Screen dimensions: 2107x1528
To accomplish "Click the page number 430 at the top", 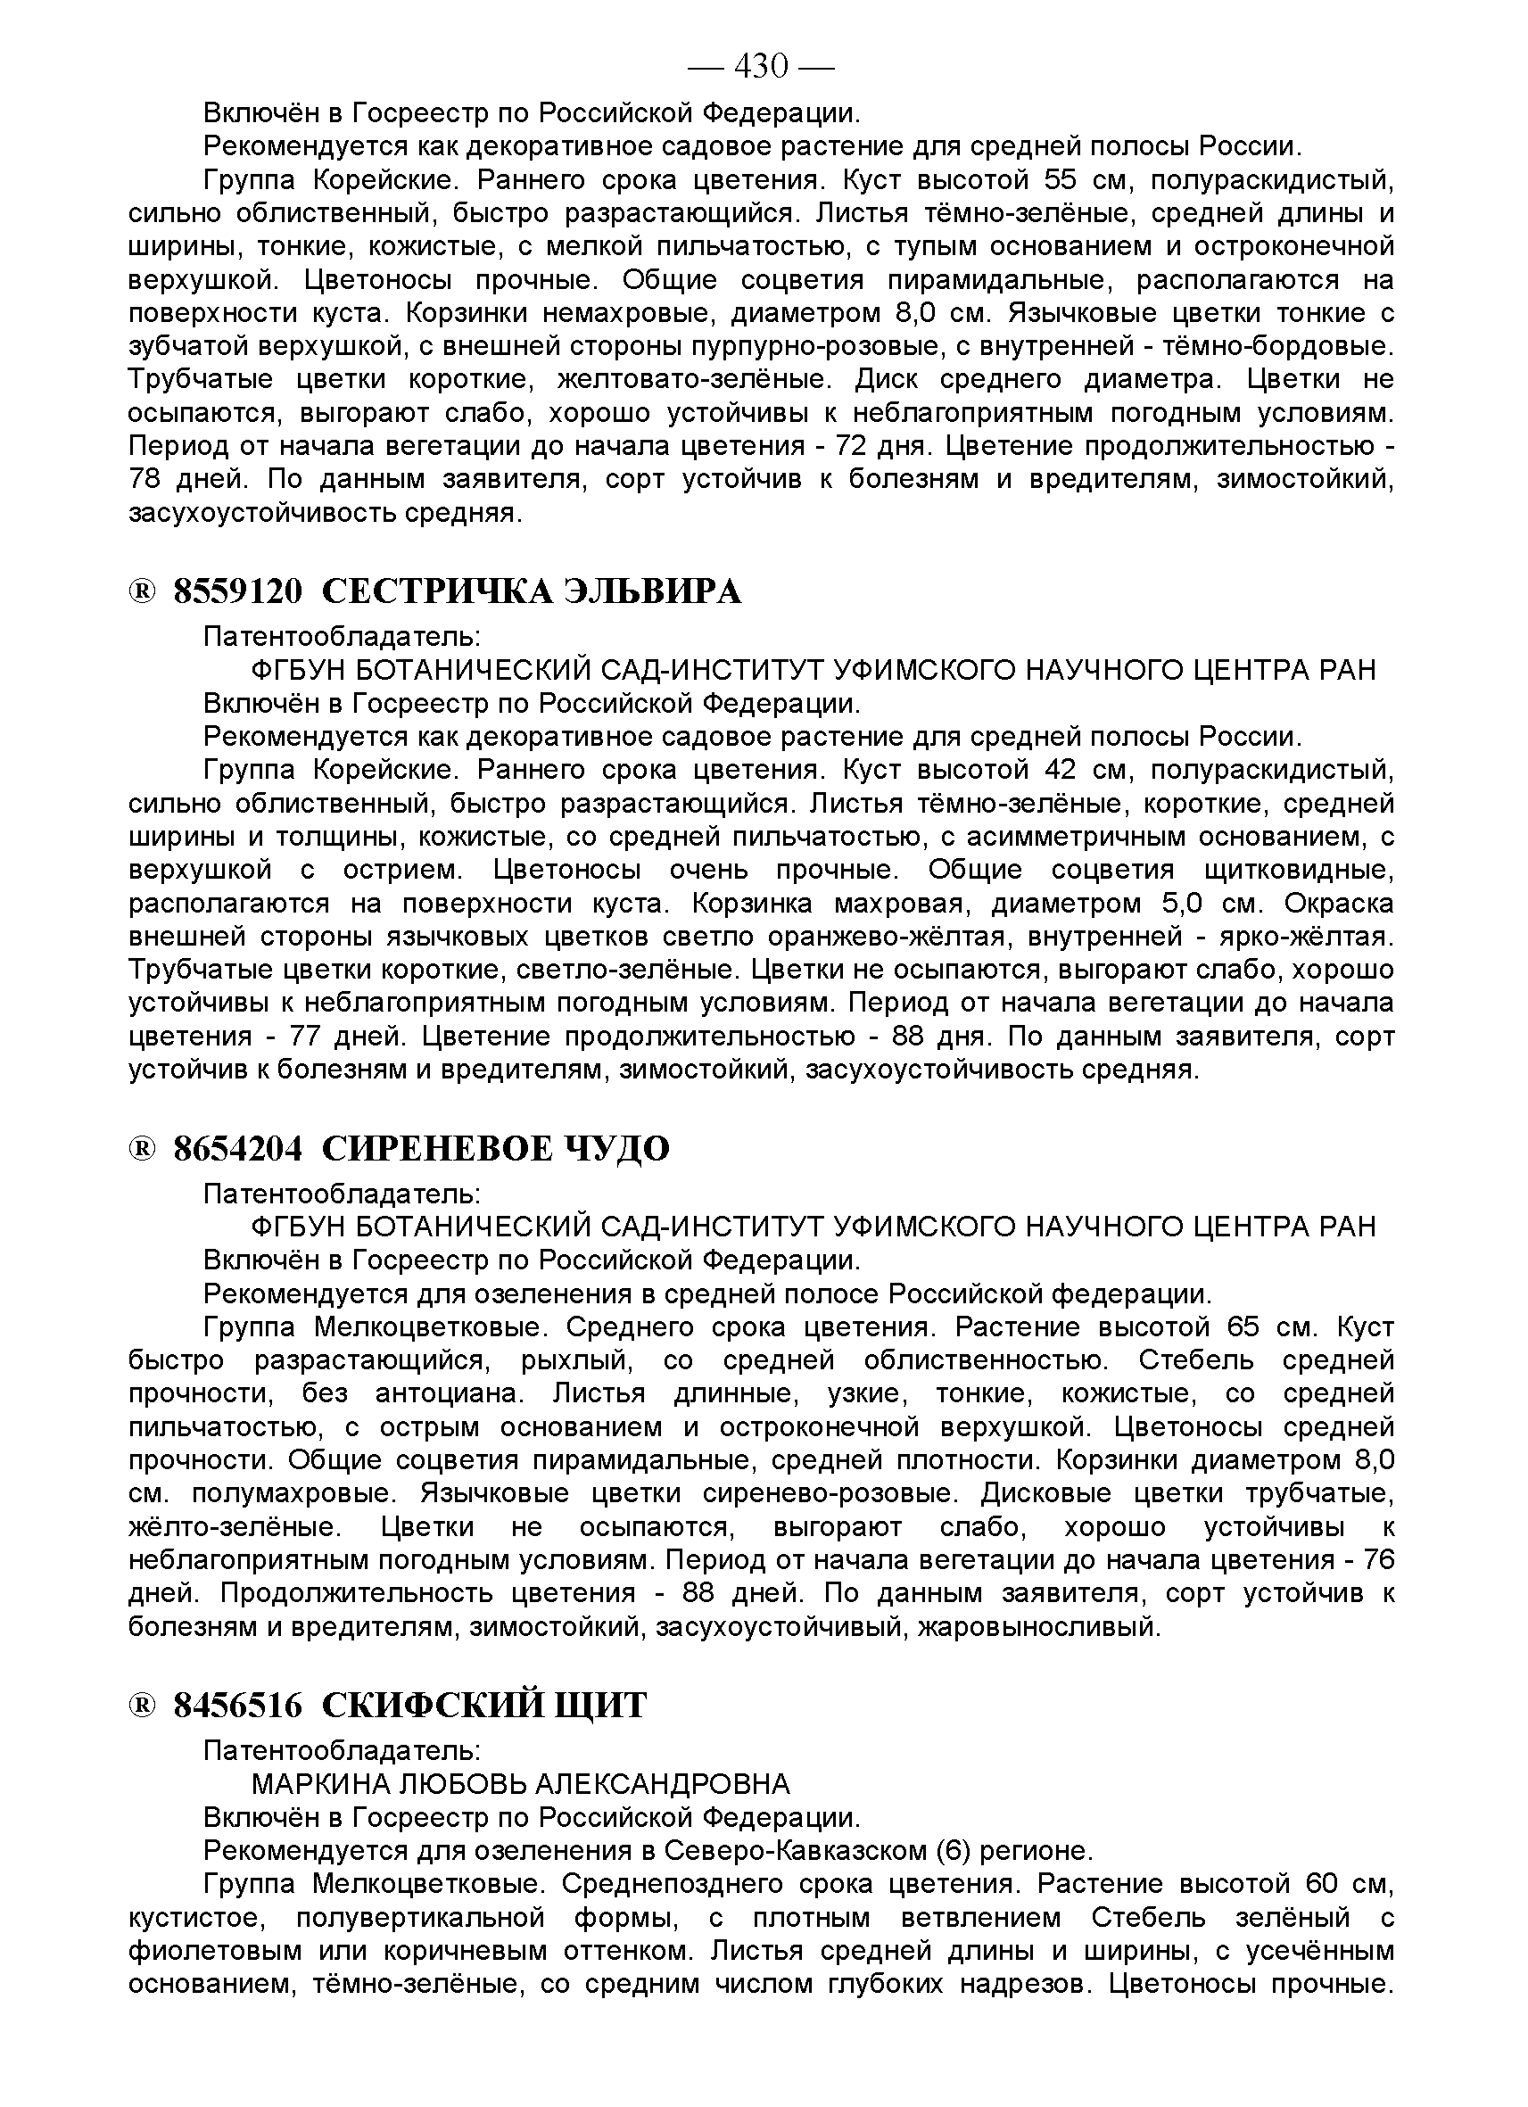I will (x=761, y=66).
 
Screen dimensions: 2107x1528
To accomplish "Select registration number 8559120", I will (x=238, y=591).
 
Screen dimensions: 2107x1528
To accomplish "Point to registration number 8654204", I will (x=238, y=1148).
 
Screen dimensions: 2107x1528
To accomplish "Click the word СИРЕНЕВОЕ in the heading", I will (x=436, y=1148).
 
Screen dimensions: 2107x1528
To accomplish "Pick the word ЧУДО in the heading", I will (x=615, y=1148).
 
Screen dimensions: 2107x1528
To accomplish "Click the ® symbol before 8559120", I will (x=142, y=591).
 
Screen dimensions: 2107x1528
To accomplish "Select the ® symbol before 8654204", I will (x=142, y=1149).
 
